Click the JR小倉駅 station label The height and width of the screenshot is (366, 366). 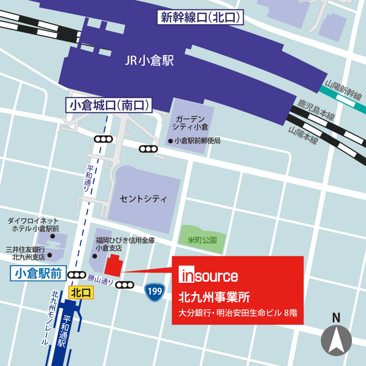[x=149, y=62]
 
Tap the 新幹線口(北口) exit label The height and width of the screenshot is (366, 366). [x=201, y=18]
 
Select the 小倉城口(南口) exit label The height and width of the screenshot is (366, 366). [x=110, y=105]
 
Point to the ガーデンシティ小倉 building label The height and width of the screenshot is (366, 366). [x=189, y=122]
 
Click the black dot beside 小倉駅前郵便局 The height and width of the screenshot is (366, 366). [x=170, y=141]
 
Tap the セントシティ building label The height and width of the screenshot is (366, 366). [x=143, y=199]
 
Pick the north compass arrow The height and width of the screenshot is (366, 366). [x=336, y=340]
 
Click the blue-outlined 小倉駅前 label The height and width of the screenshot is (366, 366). [x=38, y=274]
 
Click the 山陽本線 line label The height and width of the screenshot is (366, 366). [x=303, y=135]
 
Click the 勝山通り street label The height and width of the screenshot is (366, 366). [x=100, y=279]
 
